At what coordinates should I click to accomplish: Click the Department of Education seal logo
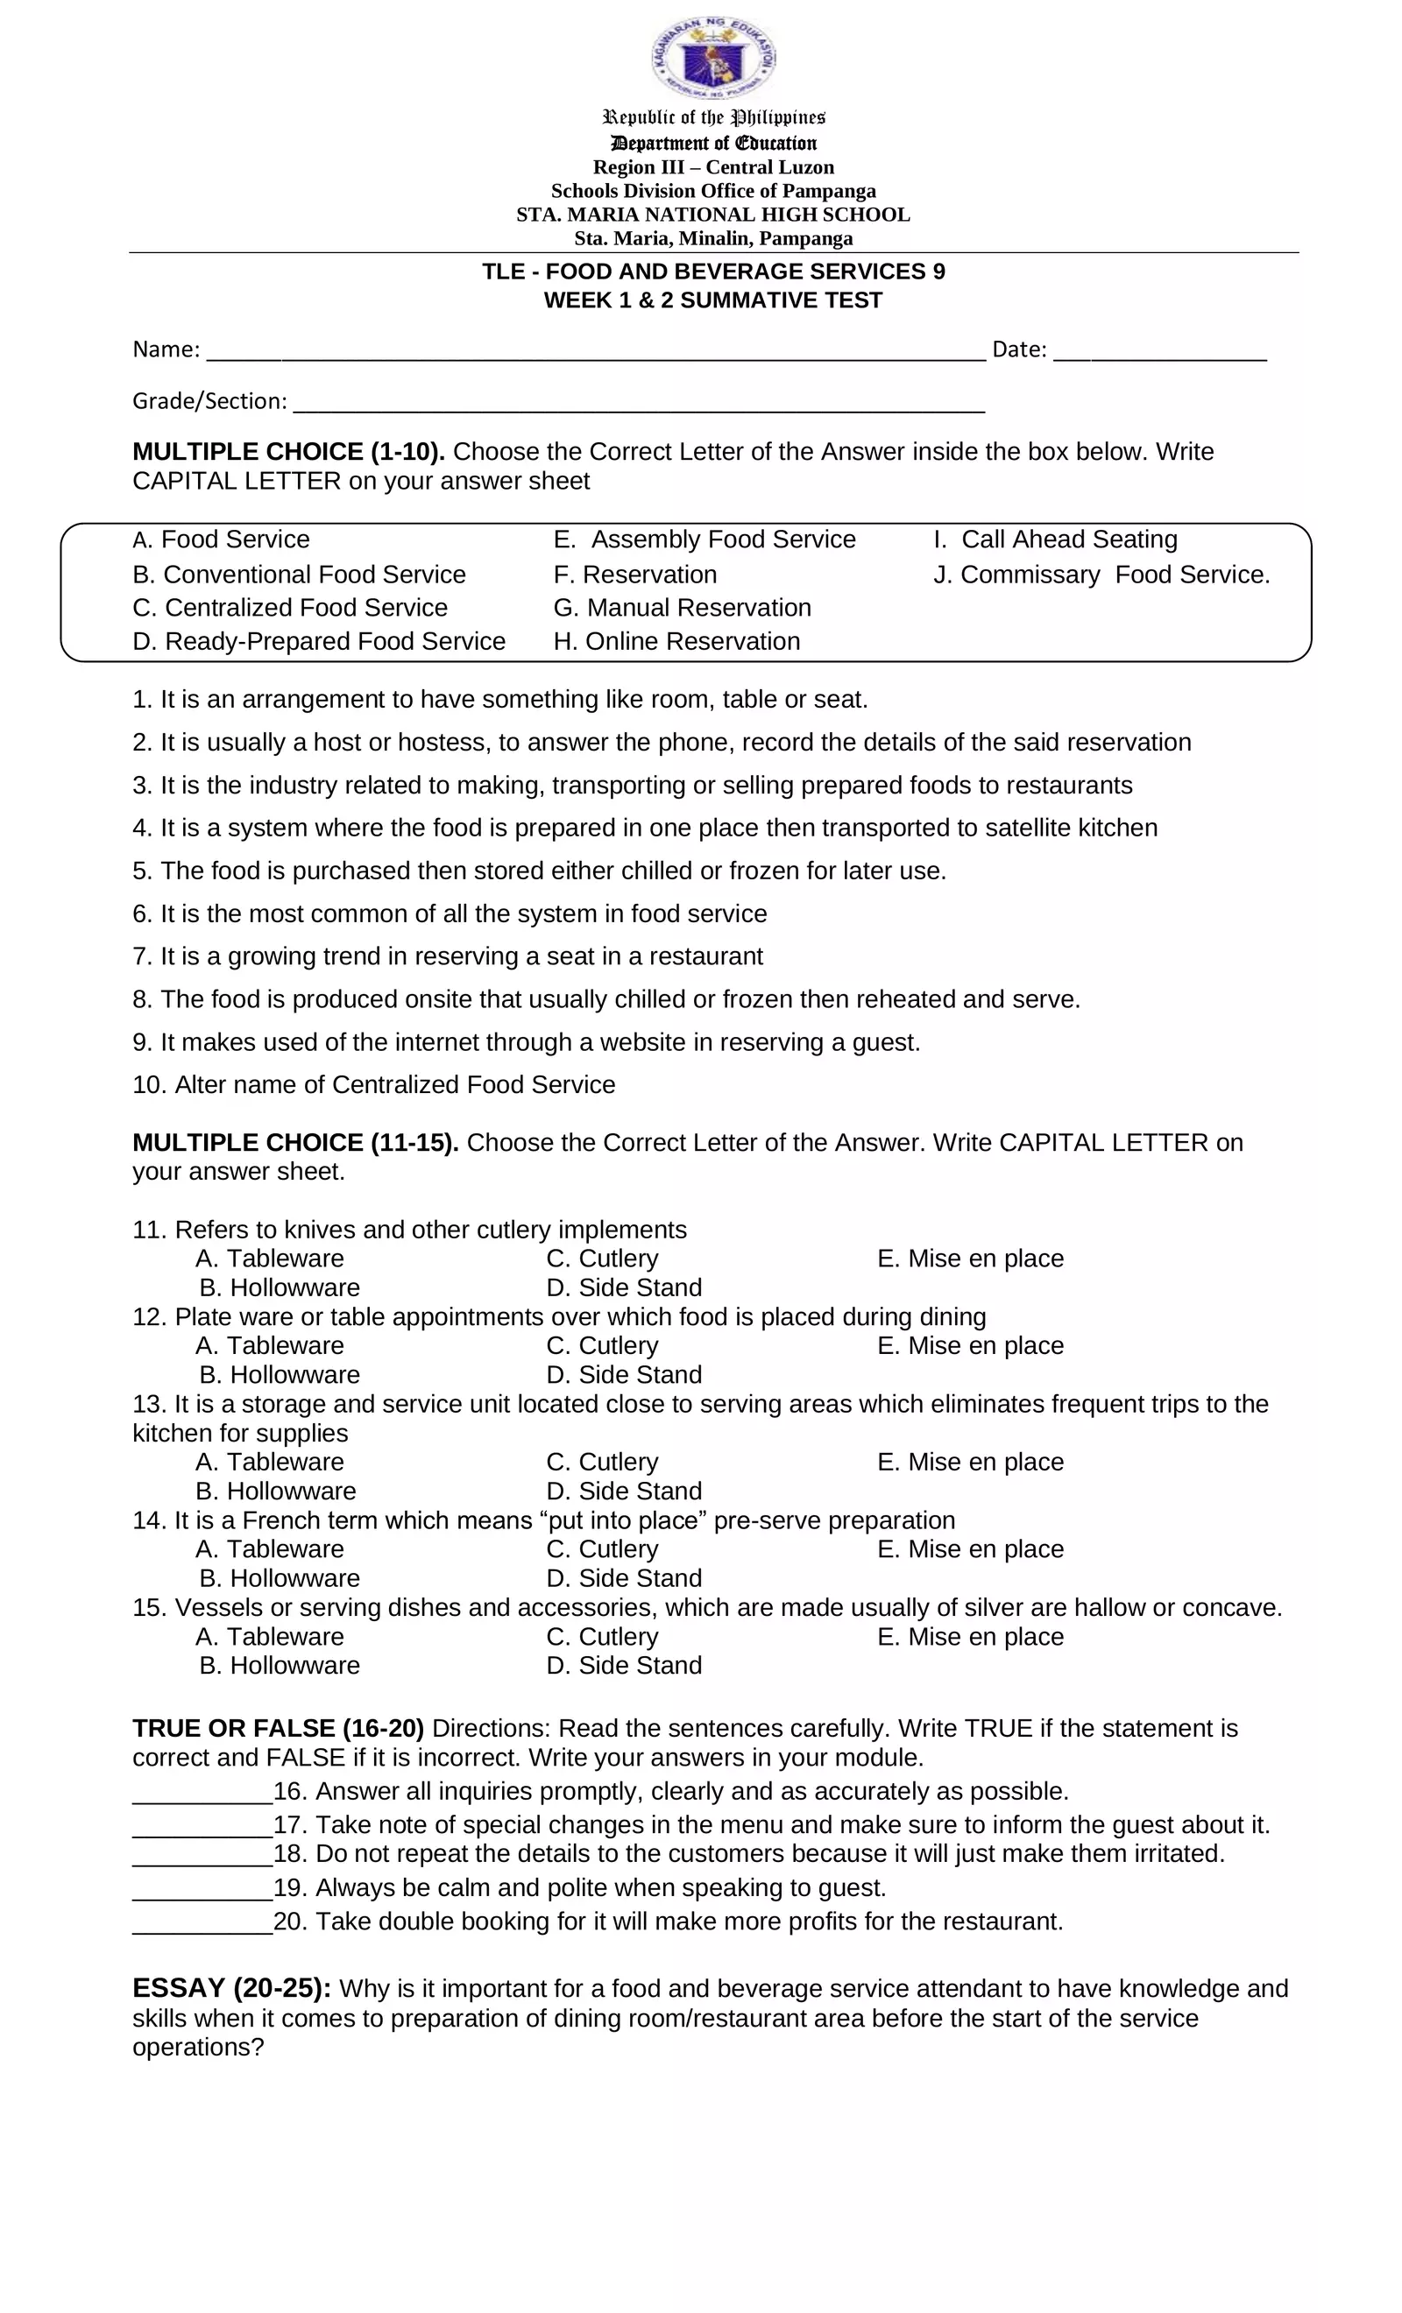(x=712, y=57)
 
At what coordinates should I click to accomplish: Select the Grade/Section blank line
(x=639, y=405)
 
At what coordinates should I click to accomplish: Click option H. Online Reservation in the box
(x=676, y=641)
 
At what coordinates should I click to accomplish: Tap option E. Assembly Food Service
(x=705, y=539)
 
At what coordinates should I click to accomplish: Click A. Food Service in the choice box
(x=222, y=539)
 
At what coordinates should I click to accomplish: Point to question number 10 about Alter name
(x=374, y=1084)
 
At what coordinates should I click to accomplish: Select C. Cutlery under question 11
(x=602, y=1258)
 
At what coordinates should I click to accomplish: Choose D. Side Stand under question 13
(x=624, y=1491)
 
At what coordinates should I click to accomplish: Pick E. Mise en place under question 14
(x=970, y=1549)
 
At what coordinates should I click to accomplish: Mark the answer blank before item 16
(x=202, y=1793)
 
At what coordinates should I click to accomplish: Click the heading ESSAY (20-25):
(x=232, y=1988)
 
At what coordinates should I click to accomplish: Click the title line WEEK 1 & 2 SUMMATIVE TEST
(x=712, y=300)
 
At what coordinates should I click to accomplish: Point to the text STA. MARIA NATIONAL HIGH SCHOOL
(x=712, y=214)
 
